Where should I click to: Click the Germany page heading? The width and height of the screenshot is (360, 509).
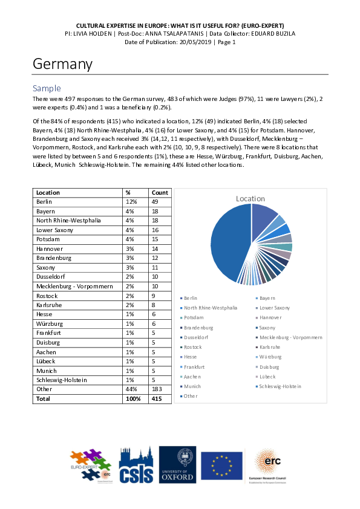(62, 64)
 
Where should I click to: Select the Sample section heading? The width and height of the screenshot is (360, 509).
(47, 88)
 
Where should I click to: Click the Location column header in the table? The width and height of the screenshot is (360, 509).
(48, 192)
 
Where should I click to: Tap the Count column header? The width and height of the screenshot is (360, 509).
(160, 192)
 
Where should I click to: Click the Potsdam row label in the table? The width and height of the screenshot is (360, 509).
(49, 239)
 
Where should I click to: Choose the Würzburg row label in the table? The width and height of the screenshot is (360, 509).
(51, 324)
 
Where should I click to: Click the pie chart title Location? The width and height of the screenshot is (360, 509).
(250, 198)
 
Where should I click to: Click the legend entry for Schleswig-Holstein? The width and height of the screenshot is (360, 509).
(280, 386)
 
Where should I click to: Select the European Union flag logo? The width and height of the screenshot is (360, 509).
(221, 466)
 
